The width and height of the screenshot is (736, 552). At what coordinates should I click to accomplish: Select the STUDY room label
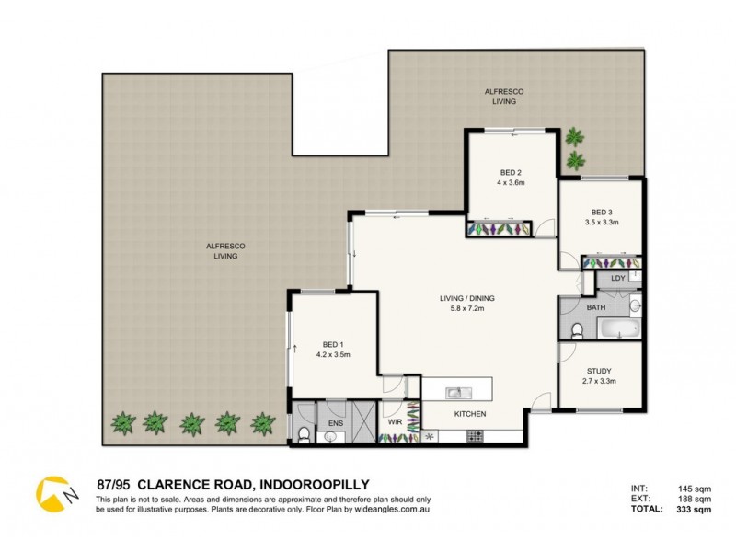(599, 372)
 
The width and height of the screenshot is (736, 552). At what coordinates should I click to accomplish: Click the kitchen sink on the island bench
(455, 393)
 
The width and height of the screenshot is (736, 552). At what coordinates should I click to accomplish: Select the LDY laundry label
(618, 277)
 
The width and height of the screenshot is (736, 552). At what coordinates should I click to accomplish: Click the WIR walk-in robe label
(394, 423)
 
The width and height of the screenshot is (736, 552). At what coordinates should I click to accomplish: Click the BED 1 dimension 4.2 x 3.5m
(333, 354)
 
